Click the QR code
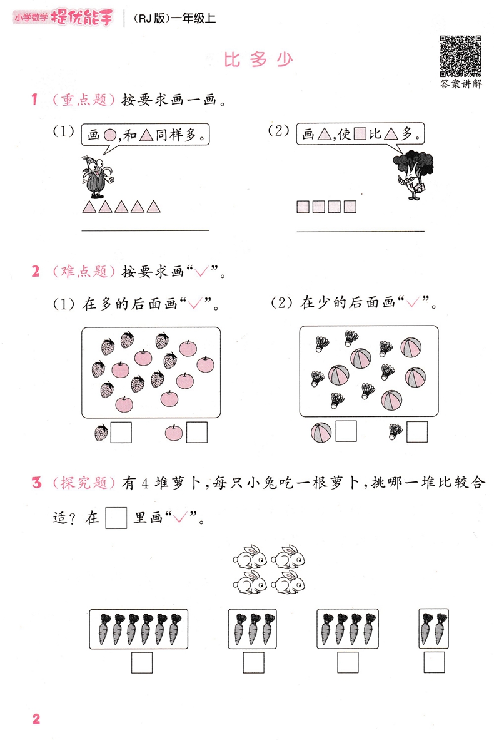[460, 56]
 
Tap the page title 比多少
[258, 60]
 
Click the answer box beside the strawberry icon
[121, 433]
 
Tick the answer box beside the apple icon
[196, 432]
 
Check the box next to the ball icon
[346, 431]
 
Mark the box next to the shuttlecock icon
[417, 431]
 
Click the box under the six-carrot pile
[142, 662]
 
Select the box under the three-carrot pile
[253, 662]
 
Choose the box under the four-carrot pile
[348, 662]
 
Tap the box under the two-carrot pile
[434, 662]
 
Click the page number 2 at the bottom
[36, 719]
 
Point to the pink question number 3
[36, 483]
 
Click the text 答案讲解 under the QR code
[461, 84]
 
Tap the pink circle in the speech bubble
[110, 136]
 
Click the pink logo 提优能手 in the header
[82, 18]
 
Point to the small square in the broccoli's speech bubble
[360, 135]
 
